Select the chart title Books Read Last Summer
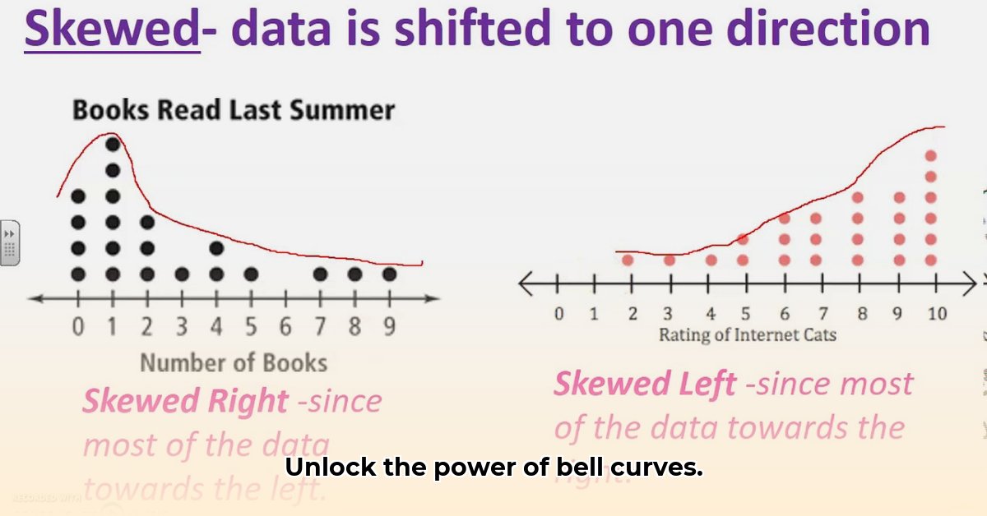click(x=234, y=110)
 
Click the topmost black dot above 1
click(x=113, y=144)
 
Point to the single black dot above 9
click(x=389, y=274)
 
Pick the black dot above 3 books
click(x=182, y=274)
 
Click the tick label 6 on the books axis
click(x=285, y=327)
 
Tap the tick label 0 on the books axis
click(x=78, y=327)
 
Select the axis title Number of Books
click(x=234, y=362)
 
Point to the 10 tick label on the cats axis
click(x=936, y=314)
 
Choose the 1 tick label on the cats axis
click(x=595, y=314)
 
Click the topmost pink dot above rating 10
click(x=931, y=155)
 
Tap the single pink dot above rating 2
click(x=628, y=260)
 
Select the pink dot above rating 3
click(x=670, y=260)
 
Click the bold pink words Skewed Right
click(x=185, y=401)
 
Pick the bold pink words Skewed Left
click(x=645, y=384)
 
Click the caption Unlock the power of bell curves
click(x=493, y=468)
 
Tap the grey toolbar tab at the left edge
click(x=10, y=243)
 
